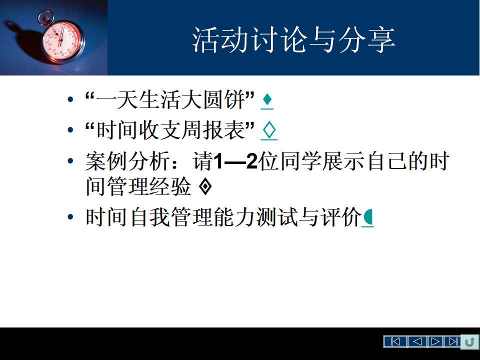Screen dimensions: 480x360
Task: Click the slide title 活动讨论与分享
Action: [x=293, y=40]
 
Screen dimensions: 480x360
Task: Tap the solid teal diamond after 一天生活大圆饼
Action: [x=267, y=99]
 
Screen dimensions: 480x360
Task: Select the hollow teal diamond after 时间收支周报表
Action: [x=269, y=130]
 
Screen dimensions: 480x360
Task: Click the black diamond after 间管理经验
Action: [x=205, y=186]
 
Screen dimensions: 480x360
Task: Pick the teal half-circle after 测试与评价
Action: [x=368, y=217]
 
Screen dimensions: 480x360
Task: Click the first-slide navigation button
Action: [x=395, y=341]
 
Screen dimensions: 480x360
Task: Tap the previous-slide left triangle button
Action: [x=417, y=341]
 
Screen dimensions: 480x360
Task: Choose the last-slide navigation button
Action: [x=453, y=341]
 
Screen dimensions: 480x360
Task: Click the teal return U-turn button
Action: [x=470, y=341]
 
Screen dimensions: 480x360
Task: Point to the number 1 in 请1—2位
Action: [x=217, y=161]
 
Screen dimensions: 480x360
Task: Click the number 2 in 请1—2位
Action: [x=251, y=161]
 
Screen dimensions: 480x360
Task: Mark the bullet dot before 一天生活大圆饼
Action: [x=70, y=99]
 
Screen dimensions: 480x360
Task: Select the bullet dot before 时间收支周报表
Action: [x=70, y=130]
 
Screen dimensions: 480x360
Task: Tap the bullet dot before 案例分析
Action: [x=70, y=161]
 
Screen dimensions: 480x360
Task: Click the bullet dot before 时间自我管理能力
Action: [x=70, y=217]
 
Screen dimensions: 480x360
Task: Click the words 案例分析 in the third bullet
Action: [x=127, y=161]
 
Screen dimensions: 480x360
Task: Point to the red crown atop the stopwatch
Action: [x=45, y=17]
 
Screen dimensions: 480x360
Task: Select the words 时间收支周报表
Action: [x=171, y=130]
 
